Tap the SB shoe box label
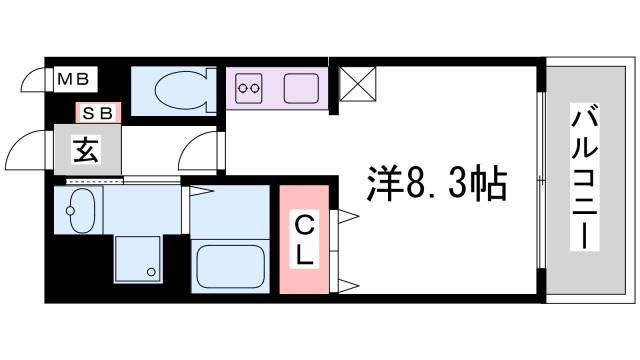pos(96,113)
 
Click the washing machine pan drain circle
pos(151,271)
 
